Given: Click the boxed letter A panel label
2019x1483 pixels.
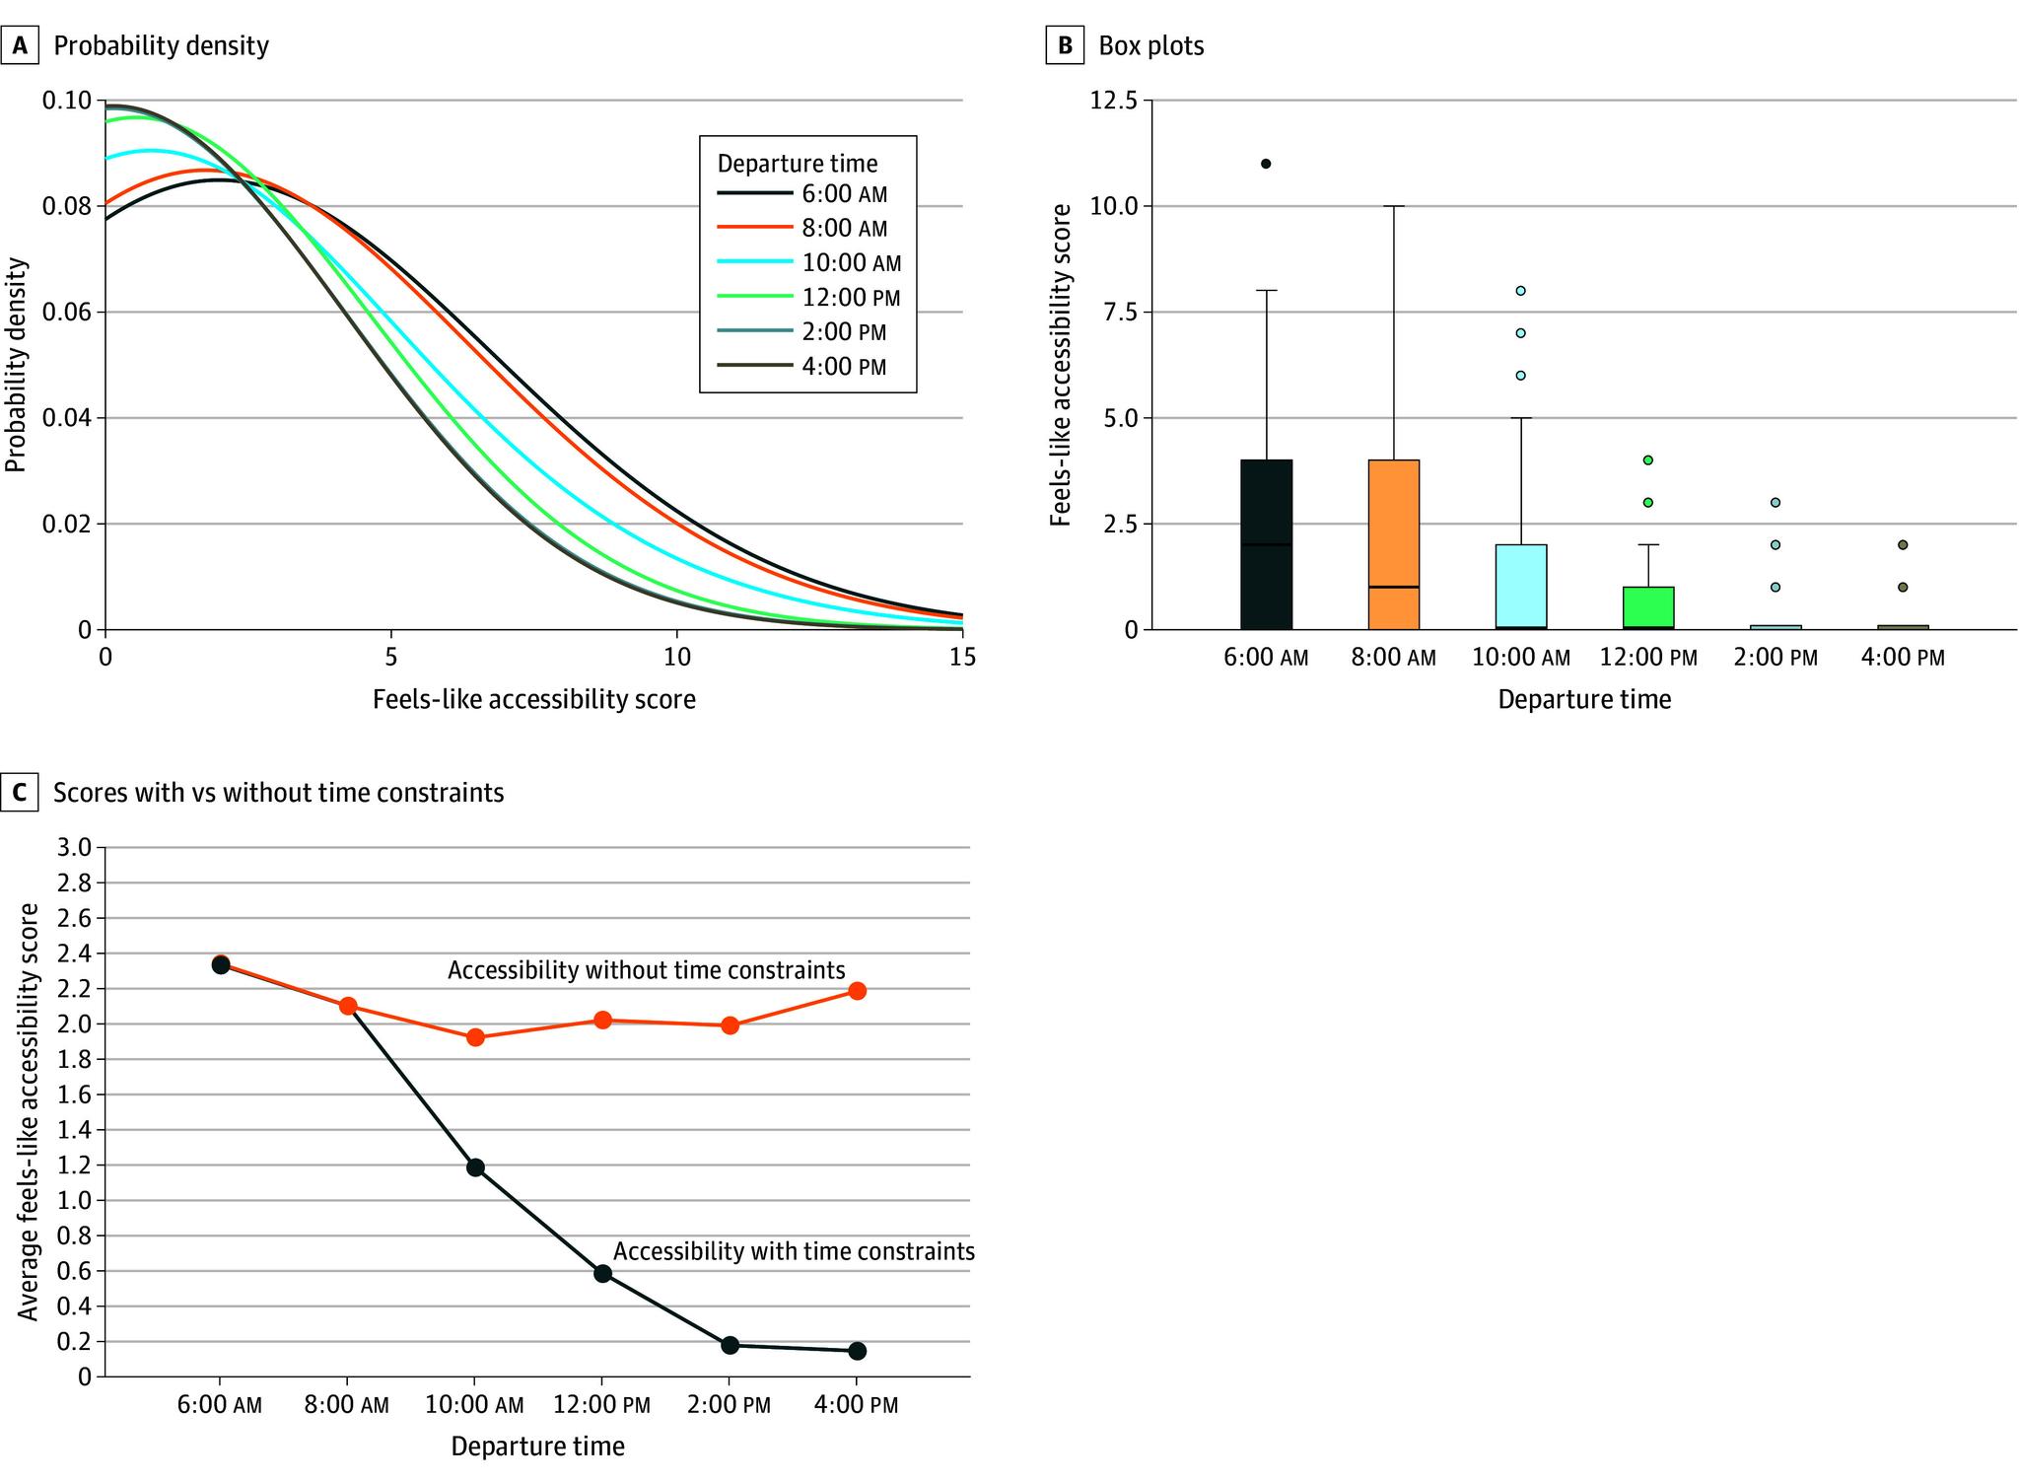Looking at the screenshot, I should pyautogui.click(x=20, y=45).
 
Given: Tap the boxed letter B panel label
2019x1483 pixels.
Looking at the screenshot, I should pyautogui.click(x=1065, y=45).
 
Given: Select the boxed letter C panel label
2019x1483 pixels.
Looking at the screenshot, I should pyautogui.click(x=20, y=793).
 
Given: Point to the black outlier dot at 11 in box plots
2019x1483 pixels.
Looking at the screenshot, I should pyautogui.click(x=1266, y=164).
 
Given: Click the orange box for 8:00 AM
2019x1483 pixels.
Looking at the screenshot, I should pyautogui.click(x=1394, y=544).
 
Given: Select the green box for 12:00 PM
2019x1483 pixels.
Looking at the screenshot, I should pyautogui.click(x=1648, y=607).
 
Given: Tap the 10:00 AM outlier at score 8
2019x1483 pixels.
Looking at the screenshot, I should pyautogui.click(x=1520, y=291).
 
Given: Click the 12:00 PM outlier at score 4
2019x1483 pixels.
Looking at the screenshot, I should pyautogui.click(x=1647, y=460).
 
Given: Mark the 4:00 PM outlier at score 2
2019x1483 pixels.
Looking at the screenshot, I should pyautogui.click(x=1903, y=545).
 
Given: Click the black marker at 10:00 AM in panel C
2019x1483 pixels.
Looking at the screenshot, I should pyautogui.click(x=475, y=1167).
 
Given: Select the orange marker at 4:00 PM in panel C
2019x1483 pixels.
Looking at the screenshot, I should pyautogui.click(x=857, y=991).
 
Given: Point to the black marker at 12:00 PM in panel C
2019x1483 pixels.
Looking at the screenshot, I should pyautogui.click(x=602, y=1273).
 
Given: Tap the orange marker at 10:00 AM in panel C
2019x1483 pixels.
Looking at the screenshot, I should pyautogui.click(x=475, y=1037).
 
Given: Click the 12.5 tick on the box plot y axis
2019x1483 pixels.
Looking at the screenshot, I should pyautogui.click(x=1116, y=101).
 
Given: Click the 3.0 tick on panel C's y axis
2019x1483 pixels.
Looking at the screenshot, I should pyautogui.click(x=76, y=848).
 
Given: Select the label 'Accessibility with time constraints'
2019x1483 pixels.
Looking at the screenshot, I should pyautogui.click(x=794, y=1251).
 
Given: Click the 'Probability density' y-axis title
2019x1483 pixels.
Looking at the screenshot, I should pyautogui.click(x=16, y=365).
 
